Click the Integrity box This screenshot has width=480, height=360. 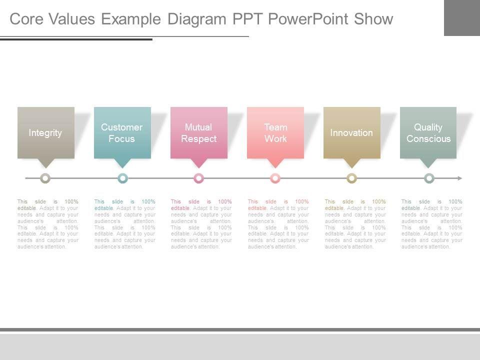(45, 132)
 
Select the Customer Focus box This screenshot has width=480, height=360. (122, 132)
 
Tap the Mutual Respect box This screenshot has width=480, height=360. (198, 132)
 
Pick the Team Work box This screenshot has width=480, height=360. (275, 132)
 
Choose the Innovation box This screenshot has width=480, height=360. (351, 132)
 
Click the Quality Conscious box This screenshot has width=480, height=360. (428, 132)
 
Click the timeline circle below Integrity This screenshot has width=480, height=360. (45, 178)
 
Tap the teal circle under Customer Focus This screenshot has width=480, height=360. (122, 178)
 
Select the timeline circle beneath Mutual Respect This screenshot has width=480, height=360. (199, 178)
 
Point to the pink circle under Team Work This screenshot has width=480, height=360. (275, 178)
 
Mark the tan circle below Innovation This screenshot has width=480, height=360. (352, 178)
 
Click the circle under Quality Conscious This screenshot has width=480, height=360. (429, 178)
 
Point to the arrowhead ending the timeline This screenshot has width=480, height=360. (459, 178)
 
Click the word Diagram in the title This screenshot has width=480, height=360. (197, 19)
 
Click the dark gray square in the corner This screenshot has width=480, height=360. (461, 17)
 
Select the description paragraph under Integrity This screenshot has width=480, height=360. (47, 224)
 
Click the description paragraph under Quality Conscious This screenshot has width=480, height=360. (431, 224)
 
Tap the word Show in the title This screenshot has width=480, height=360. (373, 19)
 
